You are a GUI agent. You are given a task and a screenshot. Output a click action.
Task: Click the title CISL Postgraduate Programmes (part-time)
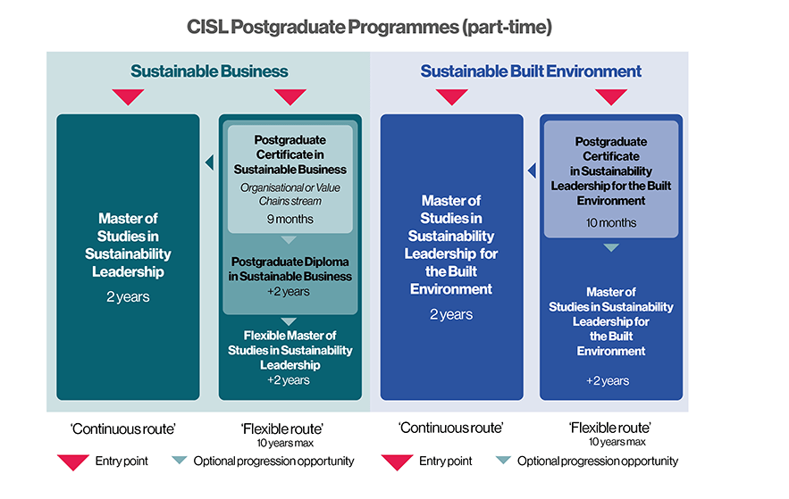pos(369,27)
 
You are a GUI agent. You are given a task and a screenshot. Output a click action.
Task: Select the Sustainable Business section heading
pos(209,71)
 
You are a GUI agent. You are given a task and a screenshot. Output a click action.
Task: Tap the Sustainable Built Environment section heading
pos(531,71)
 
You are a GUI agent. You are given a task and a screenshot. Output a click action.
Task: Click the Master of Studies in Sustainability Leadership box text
pos(129,245)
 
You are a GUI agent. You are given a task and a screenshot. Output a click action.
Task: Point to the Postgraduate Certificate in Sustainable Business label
pos(290,154)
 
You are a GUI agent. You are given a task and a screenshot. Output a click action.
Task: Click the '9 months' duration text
pos(290,219)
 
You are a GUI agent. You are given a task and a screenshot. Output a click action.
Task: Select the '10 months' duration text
pos(611,222)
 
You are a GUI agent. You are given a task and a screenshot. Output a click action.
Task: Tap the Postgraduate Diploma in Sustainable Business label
pos(291,269)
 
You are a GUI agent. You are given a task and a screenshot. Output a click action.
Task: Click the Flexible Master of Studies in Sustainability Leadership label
pos(290,349)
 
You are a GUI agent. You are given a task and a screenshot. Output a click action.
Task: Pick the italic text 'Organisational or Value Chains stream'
pos(290,194)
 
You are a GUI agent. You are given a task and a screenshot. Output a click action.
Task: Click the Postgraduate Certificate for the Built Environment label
pos(611,170)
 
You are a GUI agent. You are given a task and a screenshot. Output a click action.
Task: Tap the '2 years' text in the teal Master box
pos(129,296)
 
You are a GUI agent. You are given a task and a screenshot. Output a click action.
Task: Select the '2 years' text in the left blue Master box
pos(451,314)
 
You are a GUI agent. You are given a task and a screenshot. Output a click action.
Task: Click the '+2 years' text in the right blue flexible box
pos(608,380)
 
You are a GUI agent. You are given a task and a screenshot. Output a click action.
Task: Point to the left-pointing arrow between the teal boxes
pos(209,162)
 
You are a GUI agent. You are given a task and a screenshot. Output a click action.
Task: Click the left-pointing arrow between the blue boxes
pos(531,170)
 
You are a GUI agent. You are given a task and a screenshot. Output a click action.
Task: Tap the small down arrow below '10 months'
pos(611,247)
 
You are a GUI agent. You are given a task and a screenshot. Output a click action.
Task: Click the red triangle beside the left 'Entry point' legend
pos(73,462)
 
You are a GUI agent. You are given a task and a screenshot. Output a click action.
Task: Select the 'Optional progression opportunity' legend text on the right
pos(598,462)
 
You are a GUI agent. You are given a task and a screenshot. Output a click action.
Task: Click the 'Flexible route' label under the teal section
pos(282,428)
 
